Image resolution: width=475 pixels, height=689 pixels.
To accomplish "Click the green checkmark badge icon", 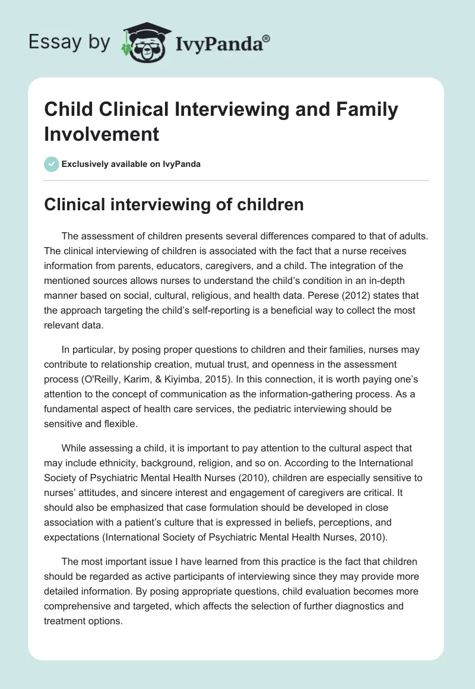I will click(52, 163).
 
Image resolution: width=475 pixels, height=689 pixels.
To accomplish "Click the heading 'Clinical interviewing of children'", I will click(175, 205).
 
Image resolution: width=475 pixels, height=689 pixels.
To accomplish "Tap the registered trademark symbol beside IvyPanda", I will click(266, 39).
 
